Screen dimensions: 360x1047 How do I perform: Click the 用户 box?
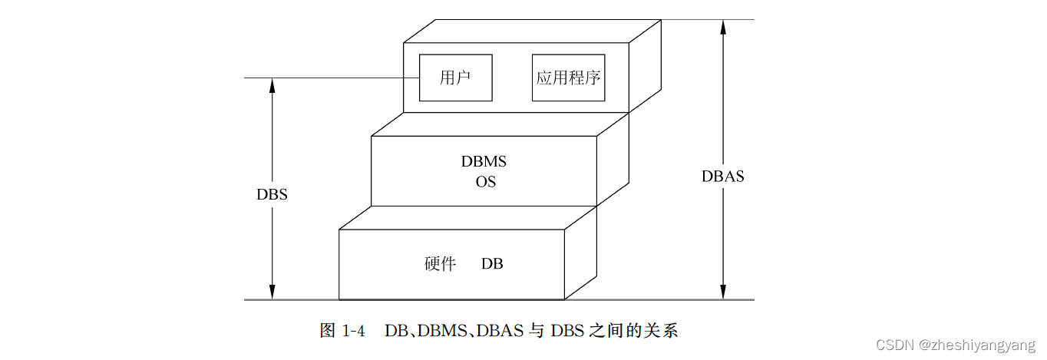click(455, 78)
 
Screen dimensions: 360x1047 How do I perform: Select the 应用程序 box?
click(568, 78)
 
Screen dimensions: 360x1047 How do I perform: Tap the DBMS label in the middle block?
click(484, 162)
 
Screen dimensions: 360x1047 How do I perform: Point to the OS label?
click(485, 183)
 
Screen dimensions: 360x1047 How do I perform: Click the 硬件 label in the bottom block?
click(440, 264)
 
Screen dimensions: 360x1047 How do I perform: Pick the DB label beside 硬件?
click(492, 264)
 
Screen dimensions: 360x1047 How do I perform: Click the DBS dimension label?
click(272, 194)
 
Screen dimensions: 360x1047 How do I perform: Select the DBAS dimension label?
click(722, 177)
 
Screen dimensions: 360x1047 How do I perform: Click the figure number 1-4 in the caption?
click(352, 332)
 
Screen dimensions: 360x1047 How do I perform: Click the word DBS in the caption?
click(565, 332)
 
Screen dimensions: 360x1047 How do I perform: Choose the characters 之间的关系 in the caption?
click(632, 332)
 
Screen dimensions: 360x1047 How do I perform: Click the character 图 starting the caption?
click(327, 332)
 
